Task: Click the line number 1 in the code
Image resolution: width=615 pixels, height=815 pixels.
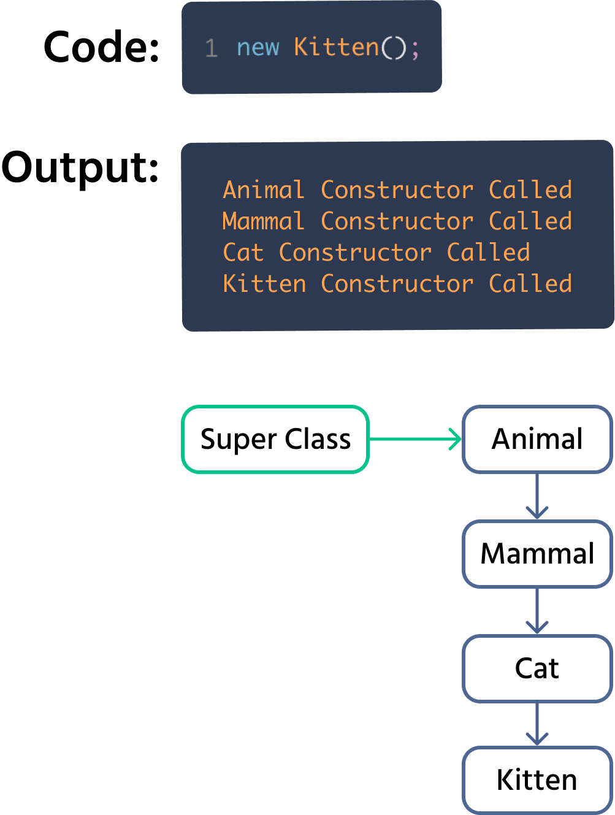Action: pyautogui.click(x=212, y=48)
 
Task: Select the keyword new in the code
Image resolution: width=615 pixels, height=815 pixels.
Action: pyautogui.click(x=258, y=47)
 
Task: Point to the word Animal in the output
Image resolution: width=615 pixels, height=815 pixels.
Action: pyautogui.click(x=264, y=190)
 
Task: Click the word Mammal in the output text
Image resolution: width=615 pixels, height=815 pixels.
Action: pyautogui.click(x=264, y=221)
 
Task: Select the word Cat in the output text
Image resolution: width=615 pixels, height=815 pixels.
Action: pyautogui.click(x=243, y=253)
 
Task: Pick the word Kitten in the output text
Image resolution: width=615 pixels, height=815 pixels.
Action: pyautogui.click(x=264, y=284)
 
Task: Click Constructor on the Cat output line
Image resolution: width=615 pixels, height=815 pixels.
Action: pyautogui.click(x=355, y=253)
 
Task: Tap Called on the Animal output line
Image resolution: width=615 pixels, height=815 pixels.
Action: pyautogui.click(x=530, y=190)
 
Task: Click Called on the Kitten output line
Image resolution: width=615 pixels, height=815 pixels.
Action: pyautogui.click(x=530, y=284)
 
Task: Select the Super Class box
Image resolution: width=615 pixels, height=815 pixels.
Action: pyautogui.click(x=275, y=439)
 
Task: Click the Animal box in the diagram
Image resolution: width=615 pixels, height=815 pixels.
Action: pyautogui.click(x=537, y=439)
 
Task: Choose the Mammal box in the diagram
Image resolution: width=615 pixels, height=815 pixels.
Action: pyautogui.click(x=537, y=553)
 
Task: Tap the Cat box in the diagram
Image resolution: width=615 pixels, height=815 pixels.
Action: pyautogui.click(x=537, y=668)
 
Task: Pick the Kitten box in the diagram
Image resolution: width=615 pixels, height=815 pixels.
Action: pyautogui.click(x=537, y=780)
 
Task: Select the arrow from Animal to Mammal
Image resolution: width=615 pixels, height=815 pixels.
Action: pyautogui.click(x=537, y=496)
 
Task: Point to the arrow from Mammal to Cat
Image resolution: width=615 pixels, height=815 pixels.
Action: pyautogui.click(x=537, y=611)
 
